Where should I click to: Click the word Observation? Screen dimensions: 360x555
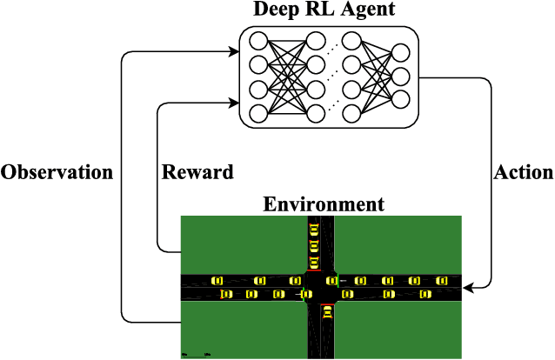click(x=57, y=172)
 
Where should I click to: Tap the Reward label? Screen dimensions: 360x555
click(x=197, y=172)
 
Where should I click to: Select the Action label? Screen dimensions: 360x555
click(x=523, y=172)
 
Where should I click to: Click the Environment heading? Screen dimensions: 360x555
click(x=323, y=205)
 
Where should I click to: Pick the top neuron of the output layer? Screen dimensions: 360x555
click(x=401, y=53)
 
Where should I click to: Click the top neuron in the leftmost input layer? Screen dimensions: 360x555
click(x=257, y=41)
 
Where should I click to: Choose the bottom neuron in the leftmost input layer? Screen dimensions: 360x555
click(x=257, y=112)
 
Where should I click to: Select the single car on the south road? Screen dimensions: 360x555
click(x=328, y=313)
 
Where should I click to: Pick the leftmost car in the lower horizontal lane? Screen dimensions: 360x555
click(x=227, y=295)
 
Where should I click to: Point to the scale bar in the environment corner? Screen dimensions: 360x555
click(x=196, y=354)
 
